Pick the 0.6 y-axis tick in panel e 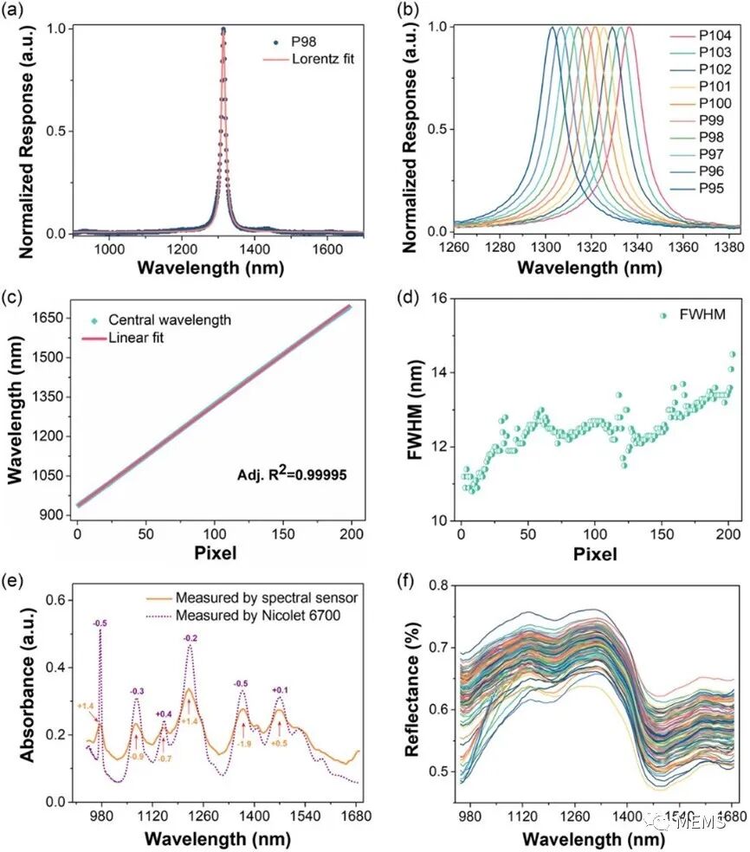55,600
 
